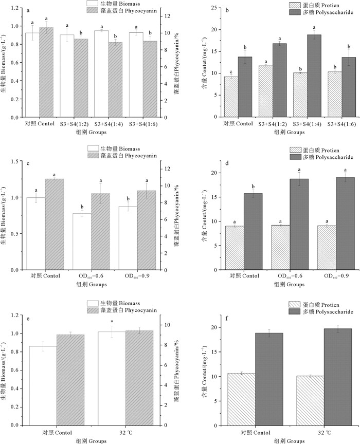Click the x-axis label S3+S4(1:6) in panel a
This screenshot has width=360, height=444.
143,124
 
